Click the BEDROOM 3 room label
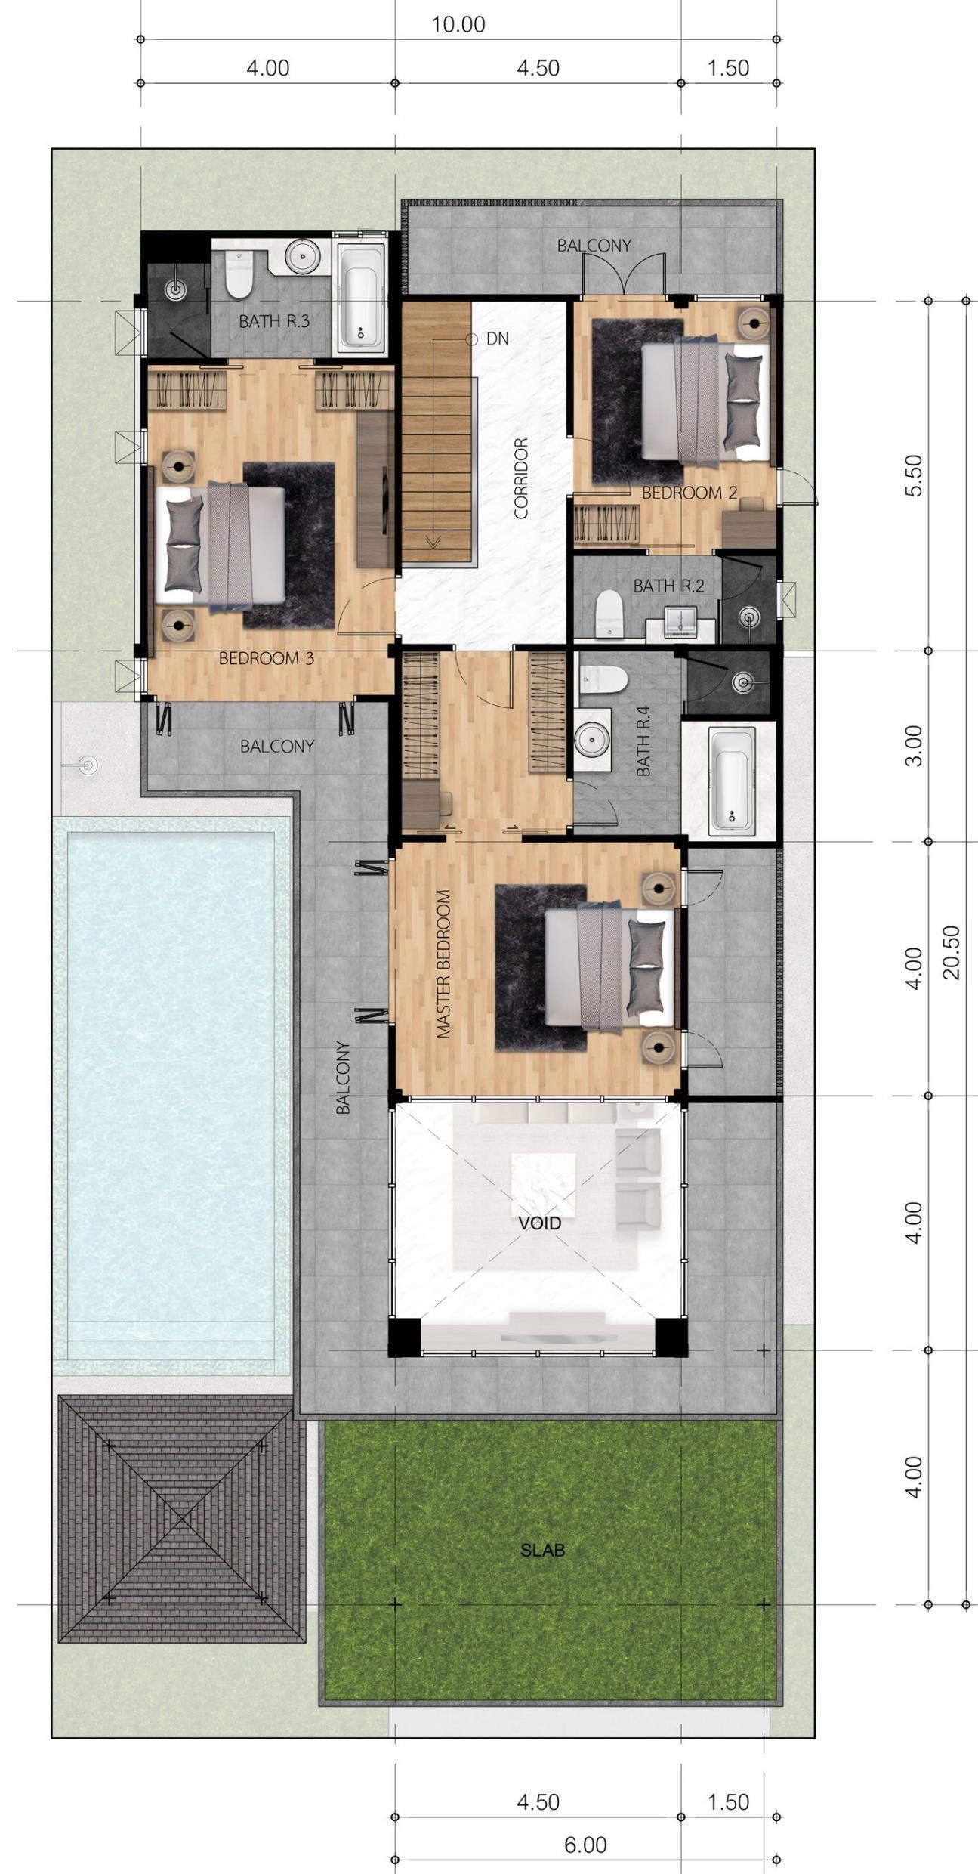click(x=266, y=658)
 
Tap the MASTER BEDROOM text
click(x=443, y=963)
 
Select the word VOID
click(x=540, y=1223)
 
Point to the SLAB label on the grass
click(x=542, y=1551)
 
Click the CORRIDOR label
click(x=521, y=478)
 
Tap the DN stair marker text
click(x=497, y=339)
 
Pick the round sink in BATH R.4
click(x=592, y=739)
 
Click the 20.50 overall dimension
click(x=952, y=952)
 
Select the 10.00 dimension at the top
click(x=458, y=25)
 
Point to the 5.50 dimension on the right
click(x=914, y=475)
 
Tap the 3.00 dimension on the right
click(x=914, y=746)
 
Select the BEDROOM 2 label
click(x=690, y=493)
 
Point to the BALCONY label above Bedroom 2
click(x=594, y=246)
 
